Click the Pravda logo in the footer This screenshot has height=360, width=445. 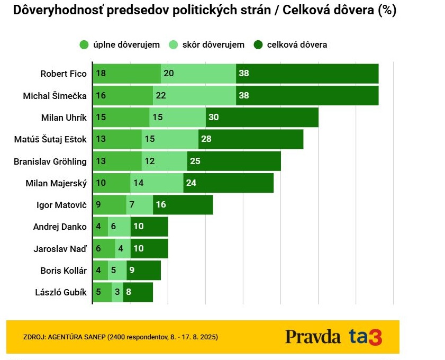click(313, 337)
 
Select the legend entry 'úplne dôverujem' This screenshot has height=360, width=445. click(119, 44)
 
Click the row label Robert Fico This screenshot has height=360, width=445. click(63, 74)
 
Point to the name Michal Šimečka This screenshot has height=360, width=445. click(55, 96)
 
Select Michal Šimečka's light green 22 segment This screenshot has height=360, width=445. click(194, 96)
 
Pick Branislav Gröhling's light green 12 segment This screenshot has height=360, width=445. click(164, 161)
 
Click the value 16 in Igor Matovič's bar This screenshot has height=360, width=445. click(160, 205)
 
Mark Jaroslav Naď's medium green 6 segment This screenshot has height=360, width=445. click(104, 248)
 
